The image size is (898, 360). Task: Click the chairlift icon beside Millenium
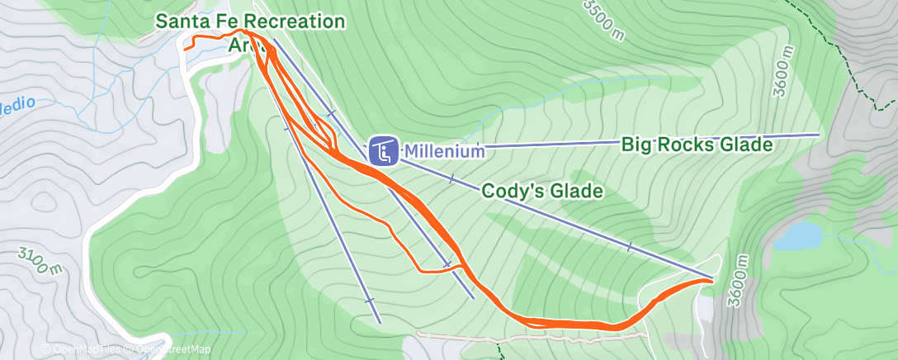coord(381,151)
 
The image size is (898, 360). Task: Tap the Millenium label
coord(443,152)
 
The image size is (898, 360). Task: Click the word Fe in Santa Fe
coord(216,21)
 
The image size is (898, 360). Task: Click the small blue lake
coord(797,237)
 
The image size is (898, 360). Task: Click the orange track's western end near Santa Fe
coord(186,47)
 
